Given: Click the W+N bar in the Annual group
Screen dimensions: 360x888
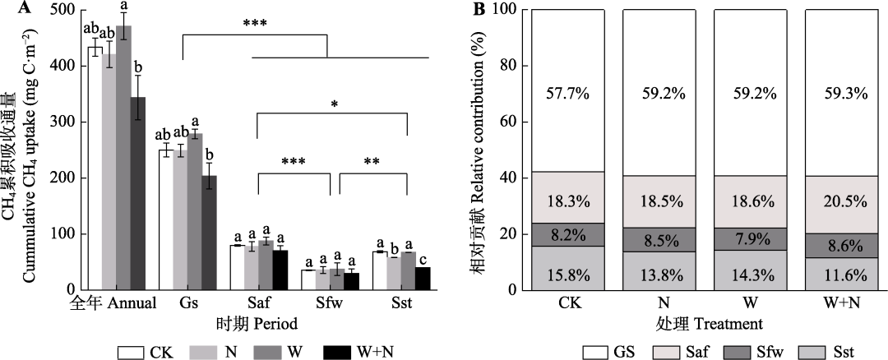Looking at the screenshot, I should (137, 193).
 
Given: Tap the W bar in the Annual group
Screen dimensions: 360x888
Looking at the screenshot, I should (123, 157).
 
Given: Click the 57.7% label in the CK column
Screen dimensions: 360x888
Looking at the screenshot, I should (567, 93).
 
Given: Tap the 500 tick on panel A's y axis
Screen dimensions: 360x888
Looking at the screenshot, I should (63, 10).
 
